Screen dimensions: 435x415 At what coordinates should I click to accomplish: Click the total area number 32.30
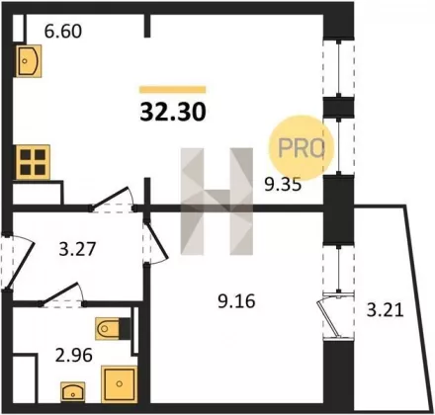pyautogui.click(x=173, y=112)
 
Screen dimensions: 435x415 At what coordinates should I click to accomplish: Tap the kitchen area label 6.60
pyautogui.click(x=63, y=32)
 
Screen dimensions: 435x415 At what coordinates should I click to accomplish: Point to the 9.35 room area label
pyautogui.click(x=283, y=185)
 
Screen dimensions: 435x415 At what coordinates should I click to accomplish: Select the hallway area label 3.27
pyautogui.click(x=77, y=249)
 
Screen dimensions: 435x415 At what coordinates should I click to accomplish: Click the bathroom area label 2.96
pyautogui.click(x=73, y=356)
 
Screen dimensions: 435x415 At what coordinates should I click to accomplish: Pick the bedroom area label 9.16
pyautogui.click(x=236, y=301)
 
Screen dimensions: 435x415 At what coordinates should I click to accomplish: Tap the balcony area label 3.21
pyautogui.click(x=386, y=310)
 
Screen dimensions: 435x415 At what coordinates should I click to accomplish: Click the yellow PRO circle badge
pyautogui.click(x=302, y=148)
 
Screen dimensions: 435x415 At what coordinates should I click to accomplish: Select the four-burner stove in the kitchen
pyautogui.click(x=33, y=162)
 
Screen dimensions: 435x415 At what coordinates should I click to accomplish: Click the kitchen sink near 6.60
pyautogui.click(x=29, y=61)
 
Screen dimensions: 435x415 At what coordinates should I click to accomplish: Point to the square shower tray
pyautogui.click(x=119, y=383)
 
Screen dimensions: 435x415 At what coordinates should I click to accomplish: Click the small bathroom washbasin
pyautogui.click(x=73, y=392)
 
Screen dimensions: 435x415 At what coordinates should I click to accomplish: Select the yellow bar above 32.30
pyautogui.click(x=173, y=90)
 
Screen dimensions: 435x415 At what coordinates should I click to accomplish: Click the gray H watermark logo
pyautogui.click(x=217, y=202)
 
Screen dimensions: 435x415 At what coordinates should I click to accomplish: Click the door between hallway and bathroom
pyautogui.click(x=61, y=294)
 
